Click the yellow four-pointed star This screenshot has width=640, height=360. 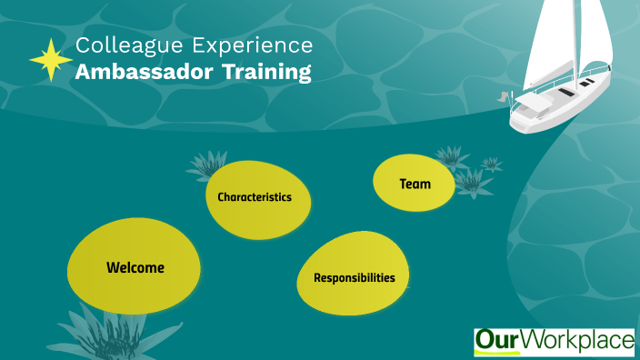[51, 60]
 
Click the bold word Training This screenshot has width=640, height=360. [268, 74]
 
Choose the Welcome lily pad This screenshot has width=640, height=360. [135, 267]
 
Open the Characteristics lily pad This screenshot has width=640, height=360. [257, 198]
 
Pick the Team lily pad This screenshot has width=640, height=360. [415, 183]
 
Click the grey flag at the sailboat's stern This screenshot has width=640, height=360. [503, 95]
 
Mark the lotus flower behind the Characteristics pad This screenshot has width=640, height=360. [205, 165]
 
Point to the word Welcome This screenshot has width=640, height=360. [135, 267]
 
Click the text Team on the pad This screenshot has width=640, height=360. [415, 184]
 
